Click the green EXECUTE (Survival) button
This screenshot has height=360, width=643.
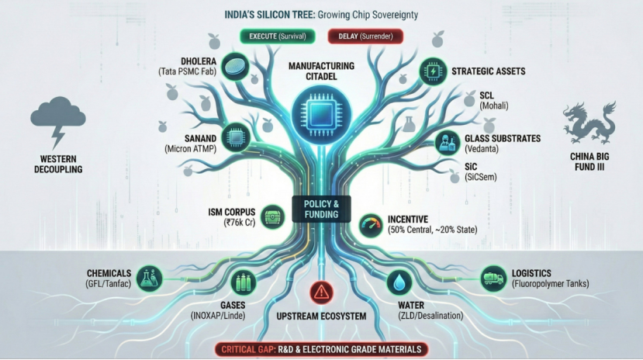coord(275,36)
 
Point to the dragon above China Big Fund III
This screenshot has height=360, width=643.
coord(589,123)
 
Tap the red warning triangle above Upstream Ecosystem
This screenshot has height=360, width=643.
coord(320,292)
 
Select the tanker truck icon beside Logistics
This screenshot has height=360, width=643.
coord(494,277)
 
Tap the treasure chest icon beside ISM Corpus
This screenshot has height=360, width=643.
coord(272,213)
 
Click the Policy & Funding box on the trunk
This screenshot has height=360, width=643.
coord(321,208)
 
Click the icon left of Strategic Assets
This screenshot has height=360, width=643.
coord(430,72)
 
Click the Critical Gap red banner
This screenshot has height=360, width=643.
coord(320,349)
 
